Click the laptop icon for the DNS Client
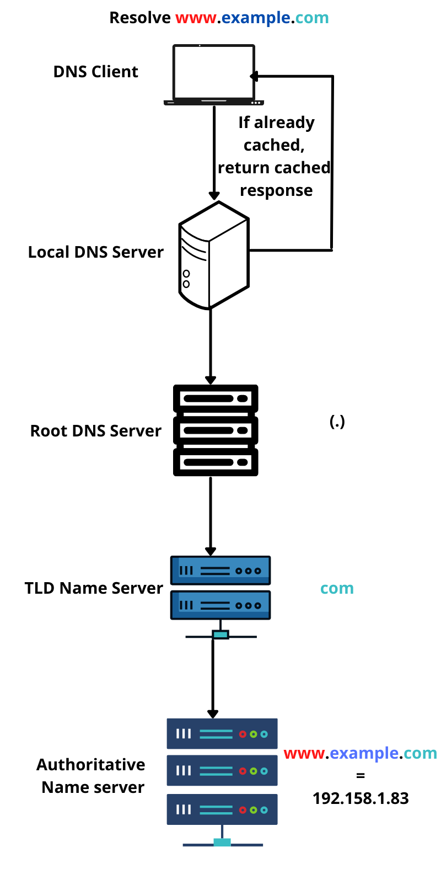[214, 74]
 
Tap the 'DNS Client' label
[95, 72]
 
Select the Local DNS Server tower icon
[214, 255]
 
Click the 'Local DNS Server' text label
[95, 252]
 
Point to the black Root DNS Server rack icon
[216, 430]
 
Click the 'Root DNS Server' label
[95, 431]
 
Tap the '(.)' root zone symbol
[337, 422]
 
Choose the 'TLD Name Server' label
[94, 588]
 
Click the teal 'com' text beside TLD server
[337, 589]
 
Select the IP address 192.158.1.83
[361, 798]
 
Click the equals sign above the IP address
[361, 776]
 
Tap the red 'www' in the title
[196, 18]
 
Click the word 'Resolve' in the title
[140, 18]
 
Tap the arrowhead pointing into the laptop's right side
[254, 76]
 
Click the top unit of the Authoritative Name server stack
[222, 734]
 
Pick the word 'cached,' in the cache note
[274, 145]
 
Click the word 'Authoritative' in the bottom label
[91, 765]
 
